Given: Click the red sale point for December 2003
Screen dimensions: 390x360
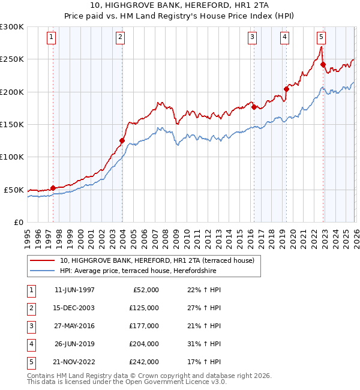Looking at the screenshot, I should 122,141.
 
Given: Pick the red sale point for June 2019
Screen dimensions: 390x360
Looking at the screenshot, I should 286,89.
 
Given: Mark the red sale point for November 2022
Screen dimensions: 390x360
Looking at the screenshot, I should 323,65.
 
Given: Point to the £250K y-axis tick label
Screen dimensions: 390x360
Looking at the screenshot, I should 12,59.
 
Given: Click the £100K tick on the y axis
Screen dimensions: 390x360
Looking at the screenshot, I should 12,157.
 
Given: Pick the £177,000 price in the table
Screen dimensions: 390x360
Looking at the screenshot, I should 144,326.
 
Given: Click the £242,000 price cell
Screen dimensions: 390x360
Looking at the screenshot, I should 144,362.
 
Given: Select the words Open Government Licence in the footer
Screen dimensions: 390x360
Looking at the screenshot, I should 167,382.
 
